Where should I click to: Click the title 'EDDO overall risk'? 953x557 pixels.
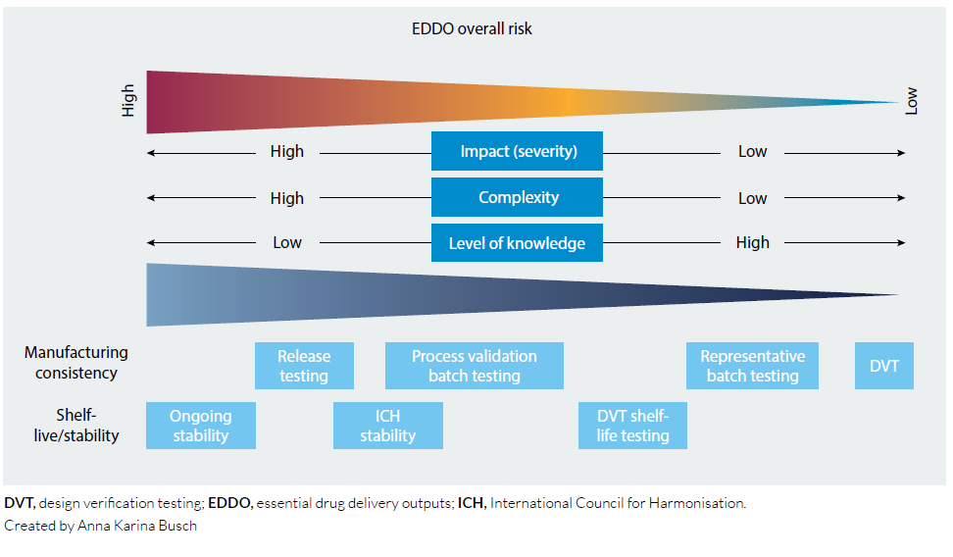[472, 28]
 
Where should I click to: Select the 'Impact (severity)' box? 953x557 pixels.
[518, 151]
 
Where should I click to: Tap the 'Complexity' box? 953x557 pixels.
[518, 197]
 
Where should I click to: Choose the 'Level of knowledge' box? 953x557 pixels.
[518, 242]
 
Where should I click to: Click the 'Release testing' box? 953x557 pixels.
[304, 366]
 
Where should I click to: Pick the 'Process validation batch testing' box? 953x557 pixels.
[475, 366]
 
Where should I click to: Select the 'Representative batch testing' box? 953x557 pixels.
[752, 366]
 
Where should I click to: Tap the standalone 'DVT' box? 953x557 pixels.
[883, 366]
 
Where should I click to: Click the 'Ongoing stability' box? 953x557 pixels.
[201, 426]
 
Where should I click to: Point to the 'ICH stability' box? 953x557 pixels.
[387, 426]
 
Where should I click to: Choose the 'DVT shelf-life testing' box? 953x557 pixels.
[632, 426]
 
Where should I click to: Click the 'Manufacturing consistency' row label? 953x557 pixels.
[75, 363]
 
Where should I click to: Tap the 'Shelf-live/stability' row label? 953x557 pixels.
[75, 425]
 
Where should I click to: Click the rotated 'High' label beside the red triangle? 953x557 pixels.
[127, 100]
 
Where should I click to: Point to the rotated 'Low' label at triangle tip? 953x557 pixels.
[911, 101]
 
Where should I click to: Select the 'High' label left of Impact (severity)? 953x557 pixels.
[287, 151]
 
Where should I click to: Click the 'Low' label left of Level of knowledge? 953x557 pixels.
[287, 242]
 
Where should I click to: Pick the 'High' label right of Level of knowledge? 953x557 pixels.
[752, 242]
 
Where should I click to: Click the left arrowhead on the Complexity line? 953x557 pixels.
[151, 198]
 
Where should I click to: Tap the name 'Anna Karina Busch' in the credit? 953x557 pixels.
[136, 526]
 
